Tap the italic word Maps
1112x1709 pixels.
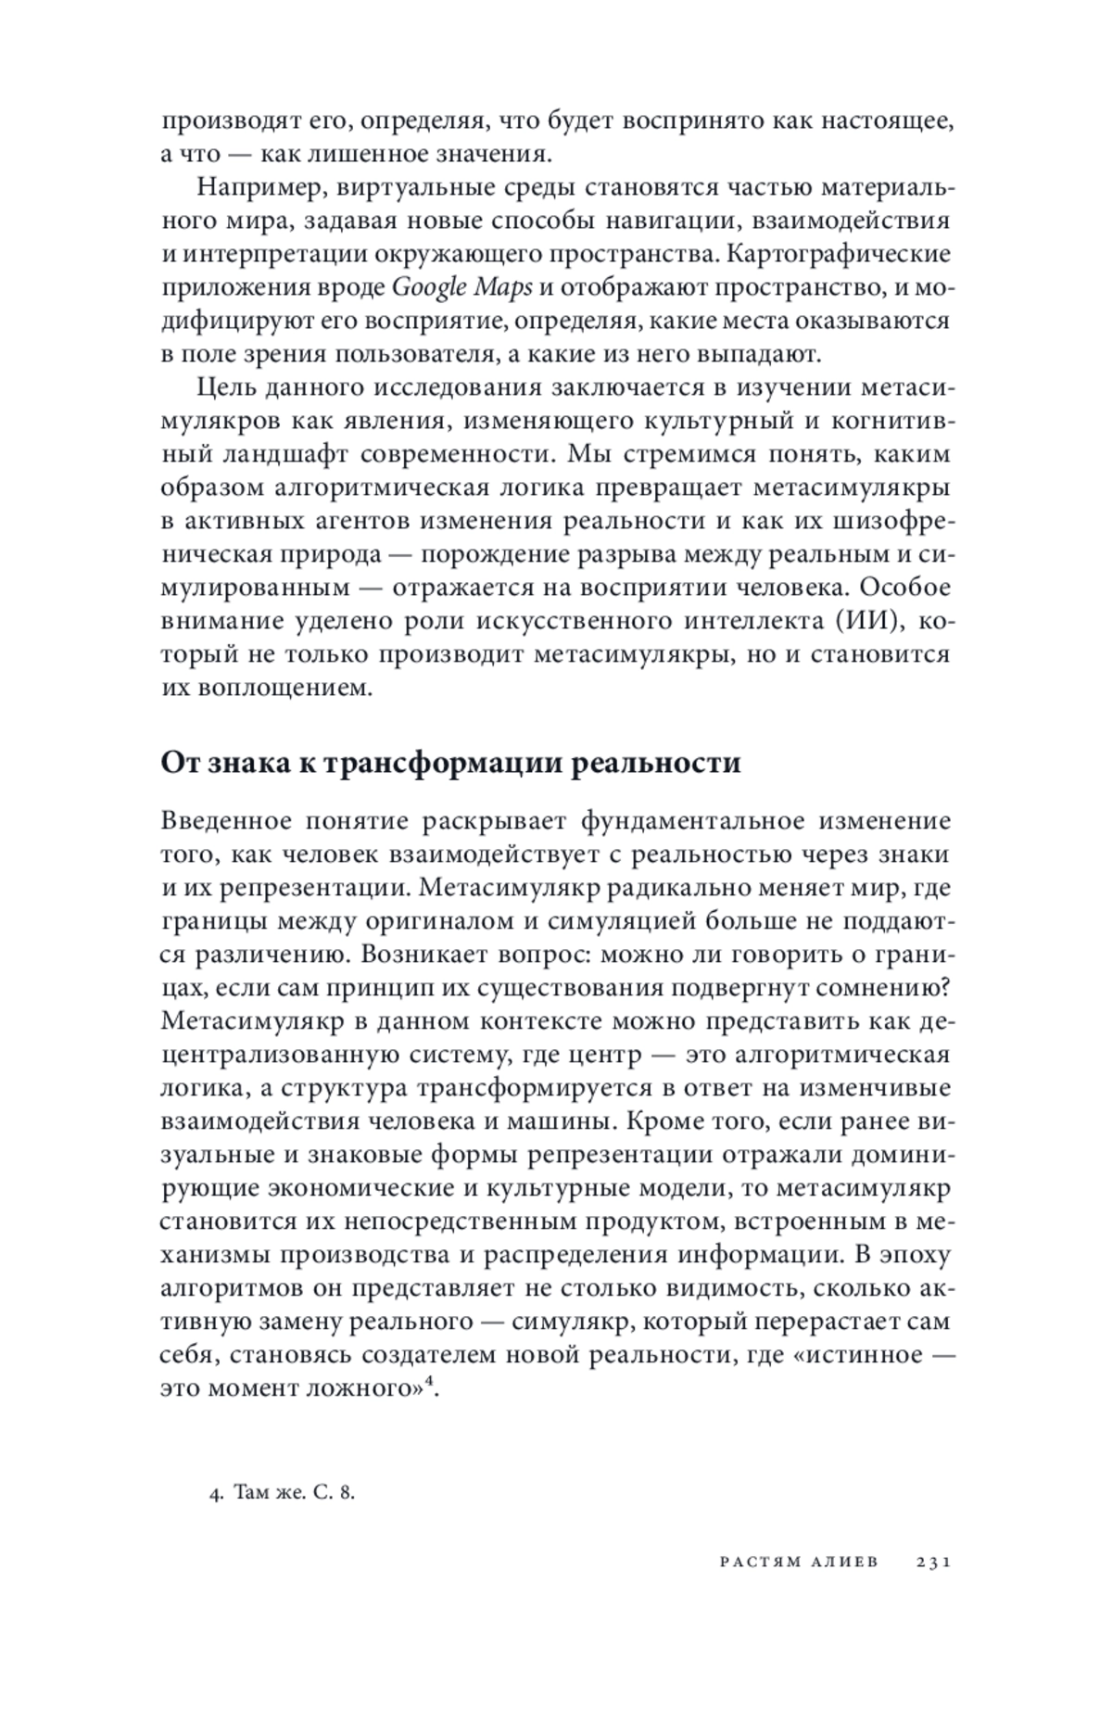click(x=503, y=287)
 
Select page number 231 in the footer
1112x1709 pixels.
click(x=933, y=1562)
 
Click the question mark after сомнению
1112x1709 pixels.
click(x=943, y=988)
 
